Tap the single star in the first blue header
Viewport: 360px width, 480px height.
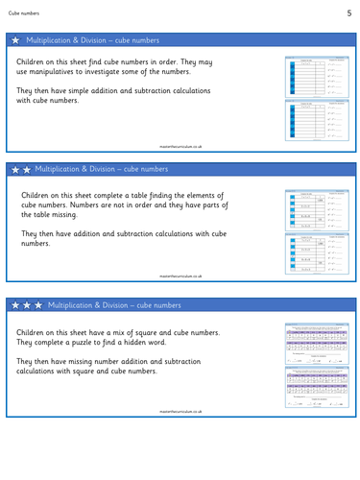click(x=15, y=41)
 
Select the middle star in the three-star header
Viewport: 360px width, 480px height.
click(x=27, y=304)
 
